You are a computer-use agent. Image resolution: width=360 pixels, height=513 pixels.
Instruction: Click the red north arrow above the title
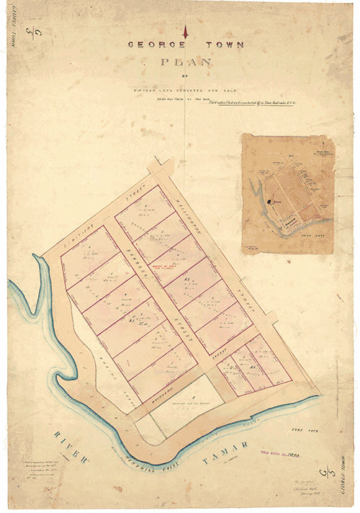point(186,32)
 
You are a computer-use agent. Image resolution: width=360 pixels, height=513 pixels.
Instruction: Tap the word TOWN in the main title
point(224,45)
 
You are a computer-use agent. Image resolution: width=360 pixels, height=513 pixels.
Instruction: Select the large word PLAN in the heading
point(186,63)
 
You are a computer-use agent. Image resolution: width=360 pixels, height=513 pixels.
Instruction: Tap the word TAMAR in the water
point(234,453)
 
